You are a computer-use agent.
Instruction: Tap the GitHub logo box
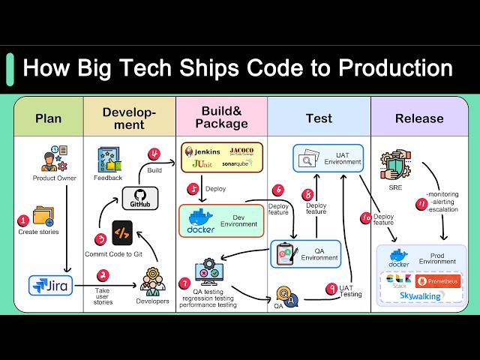pyautogui.click(x=140, y=198)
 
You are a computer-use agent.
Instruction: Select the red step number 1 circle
pyautogui.click(x=23, y=220)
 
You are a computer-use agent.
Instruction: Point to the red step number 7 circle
pyautogui.click(x=185, y=283)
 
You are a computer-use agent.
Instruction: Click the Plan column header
pyautogui.click(x=49, y=118)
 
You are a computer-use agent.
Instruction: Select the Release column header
pyautogui.click(x=419, y=118)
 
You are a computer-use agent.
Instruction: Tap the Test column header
pyautogui.click(x=319, y=118)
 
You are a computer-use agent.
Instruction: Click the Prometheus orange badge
pyautogui.click(x=438, y=281)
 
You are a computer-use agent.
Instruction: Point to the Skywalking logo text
pyautogui.click(x=421, y=297)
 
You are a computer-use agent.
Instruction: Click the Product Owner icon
pyautogui.click(x=49, y=160)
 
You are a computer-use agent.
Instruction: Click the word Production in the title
pyautogui.click(x=395, y=68)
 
